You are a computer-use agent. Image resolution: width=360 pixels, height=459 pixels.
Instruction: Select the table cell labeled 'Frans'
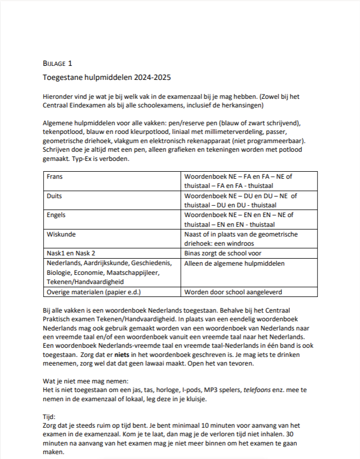coord(56,177)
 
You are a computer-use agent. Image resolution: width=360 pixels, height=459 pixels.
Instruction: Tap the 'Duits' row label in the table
coord(55,195)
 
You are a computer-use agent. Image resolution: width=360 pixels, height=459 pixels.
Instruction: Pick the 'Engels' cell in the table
coord(57,214)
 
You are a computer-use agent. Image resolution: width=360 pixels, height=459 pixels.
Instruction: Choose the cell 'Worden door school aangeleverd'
coord(233,292)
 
